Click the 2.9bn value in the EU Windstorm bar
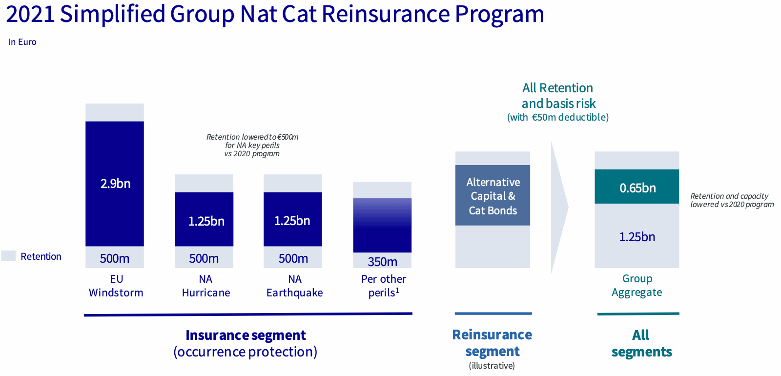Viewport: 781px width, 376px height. tap(115, 184)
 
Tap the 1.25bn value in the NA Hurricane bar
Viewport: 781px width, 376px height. tap(206, 221)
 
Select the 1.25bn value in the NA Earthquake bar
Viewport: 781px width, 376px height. tap(292, 221)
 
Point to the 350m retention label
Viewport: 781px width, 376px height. tap(382, 262)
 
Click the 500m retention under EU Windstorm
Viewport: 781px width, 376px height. tap(115, 258)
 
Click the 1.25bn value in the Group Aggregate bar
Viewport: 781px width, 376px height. tap(637, 237)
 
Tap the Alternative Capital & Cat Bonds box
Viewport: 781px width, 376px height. tap(493, 196)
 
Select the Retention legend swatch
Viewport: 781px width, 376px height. tap(8, 256)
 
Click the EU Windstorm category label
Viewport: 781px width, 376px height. tap(116, 286)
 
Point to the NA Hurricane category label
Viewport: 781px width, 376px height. tap(206, 286)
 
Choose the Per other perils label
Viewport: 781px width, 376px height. tap(383, 286)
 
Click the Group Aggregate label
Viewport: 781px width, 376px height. tap(637, 285)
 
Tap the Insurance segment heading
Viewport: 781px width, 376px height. tap(246, 335)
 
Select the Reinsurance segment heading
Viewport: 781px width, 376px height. tap(492, 343)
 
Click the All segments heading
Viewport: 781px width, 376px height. tap(641, 343)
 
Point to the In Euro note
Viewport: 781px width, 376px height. tap(22, 42)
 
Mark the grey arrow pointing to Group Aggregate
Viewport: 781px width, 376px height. tap(559, 208)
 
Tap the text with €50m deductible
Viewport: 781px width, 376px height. tap(558, 117)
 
